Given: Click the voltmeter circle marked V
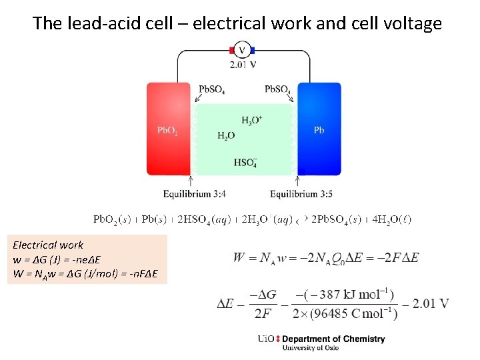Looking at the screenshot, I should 243,51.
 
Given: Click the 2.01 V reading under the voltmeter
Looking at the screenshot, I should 243,65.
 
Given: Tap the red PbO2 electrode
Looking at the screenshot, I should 168,129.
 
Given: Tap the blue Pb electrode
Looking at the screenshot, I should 319,129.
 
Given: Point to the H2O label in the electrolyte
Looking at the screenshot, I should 226,135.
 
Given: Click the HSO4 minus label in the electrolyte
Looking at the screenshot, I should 245,162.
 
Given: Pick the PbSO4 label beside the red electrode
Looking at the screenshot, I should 211,89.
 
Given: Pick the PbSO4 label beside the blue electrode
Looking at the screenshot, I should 277,89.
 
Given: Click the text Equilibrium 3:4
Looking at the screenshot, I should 195,194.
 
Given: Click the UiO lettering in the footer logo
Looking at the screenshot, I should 265,339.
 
